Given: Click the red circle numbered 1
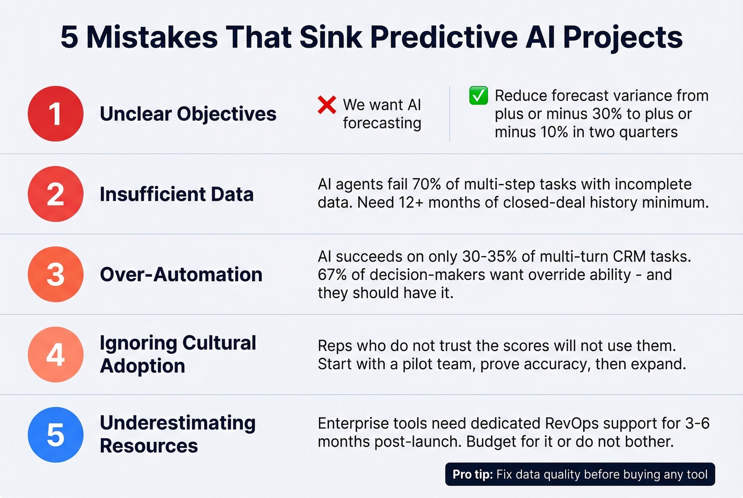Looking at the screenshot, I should (56, 113).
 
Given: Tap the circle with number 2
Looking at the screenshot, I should (56, 194).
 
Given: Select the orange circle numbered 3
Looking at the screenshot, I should (56, 274).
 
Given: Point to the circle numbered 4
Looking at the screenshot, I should (56, 354).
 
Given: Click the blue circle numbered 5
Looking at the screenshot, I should (56, 434).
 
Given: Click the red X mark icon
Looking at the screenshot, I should (327, 105).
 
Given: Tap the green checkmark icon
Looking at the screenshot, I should (478, 96).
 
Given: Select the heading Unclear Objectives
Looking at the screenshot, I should (188, 114).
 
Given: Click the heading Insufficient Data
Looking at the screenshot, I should (177, 194).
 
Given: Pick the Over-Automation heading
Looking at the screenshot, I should (181, 275).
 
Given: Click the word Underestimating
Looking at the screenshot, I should (178, 423).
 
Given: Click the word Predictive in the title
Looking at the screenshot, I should (444, 37).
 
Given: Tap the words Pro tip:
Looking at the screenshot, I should (472, 474).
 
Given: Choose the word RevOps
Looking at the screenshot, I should (572, 423).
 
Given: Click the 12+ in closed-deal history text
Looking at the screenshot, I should (411, 203).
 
